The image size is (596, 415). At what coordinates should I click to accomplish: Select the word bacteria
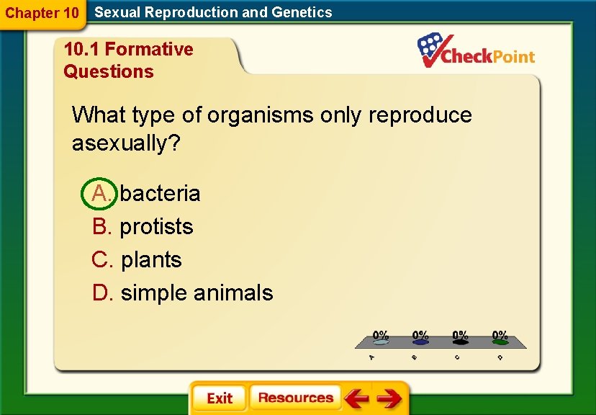(x=160, y=193)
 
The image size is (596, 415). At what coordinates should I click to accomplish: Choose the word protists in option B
(x=156, y=226)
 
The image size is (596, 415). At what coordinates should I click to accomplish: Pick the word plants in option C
(x=151, y=259)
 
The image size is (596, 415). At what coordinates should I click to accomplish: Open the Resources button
(x=295, y=398)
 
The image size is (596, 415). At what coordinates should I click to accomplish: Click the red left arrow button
(x=356, y=398)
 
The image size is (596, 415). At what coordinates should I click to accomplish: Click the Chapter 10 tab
(x=42, y=13)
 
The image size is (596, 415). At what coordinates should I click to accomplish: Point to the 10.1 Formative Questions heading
(x=128, y=60)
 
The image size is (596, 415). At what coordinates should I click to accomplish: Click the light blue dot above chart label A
(x=381, y=343)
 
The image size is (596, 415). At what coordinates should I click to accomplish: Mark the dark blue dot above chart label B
(x=420, y=343)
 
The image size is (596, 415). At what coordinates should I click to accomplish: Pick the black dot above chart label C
(x=460, y=343)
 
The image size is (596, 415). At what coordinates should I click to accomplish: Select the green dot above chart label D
(x=500, y=343)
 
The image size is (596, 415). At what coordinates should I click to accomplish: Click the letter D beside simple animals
(x=102, y=293)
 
